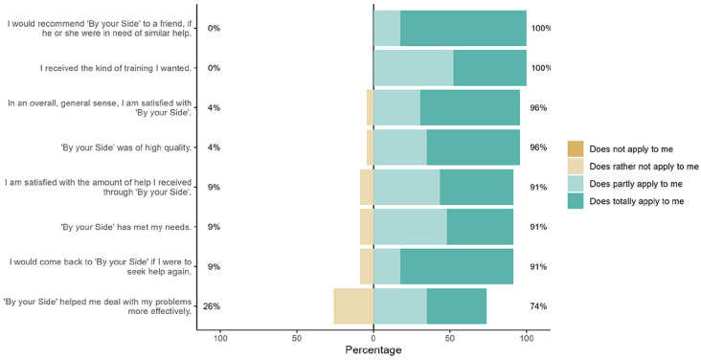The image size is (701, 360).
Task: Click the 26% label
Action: (x=212, y=306)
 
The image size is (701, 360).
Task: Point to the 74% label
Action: (x=538, y=306)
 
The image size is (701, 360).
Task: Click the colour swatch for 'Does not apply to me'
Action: (x=576, y=149)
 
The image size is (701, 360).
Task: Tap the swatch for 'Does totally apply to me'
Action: (x=576, y=201)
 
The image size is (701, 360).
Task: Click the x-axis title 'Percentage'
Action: (x=373, y=349)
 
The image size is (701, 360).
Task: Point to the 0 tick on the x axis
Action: (x=373, y=338)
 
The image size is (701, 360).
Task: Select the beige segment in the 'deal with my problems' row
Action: (x=353, y=306)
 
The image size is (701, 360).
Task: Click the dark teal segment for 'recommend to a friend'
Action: (x=464, y=28)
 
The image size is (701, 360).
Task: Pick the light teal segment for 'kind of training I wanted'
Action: (x=414, y=68)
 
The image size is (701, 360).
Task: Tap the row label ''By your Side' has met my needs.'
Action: (x=126, y=227)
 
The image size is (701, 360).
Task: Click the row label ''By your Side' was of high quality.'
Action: (x=126, y=147)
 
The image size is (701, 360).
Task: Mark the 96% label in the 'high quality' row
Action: (x=538, y=147)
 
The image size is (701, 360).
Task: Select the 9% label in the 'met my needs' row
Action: (x=214, y=227)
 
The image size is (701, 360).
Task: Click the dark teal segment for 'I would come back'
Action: (x=457, y=266)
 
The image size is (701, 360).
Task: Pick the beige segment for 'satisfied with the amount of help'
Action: (x=367, y=188)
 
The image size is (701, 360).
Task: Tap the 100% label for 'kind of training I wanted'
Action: (x=541, y=68)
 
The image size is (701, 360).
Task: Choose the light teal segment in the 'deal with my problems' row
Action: (x=400, y=306)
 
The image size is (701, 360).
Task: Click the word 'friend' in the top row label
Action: (x=172, y=24)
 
